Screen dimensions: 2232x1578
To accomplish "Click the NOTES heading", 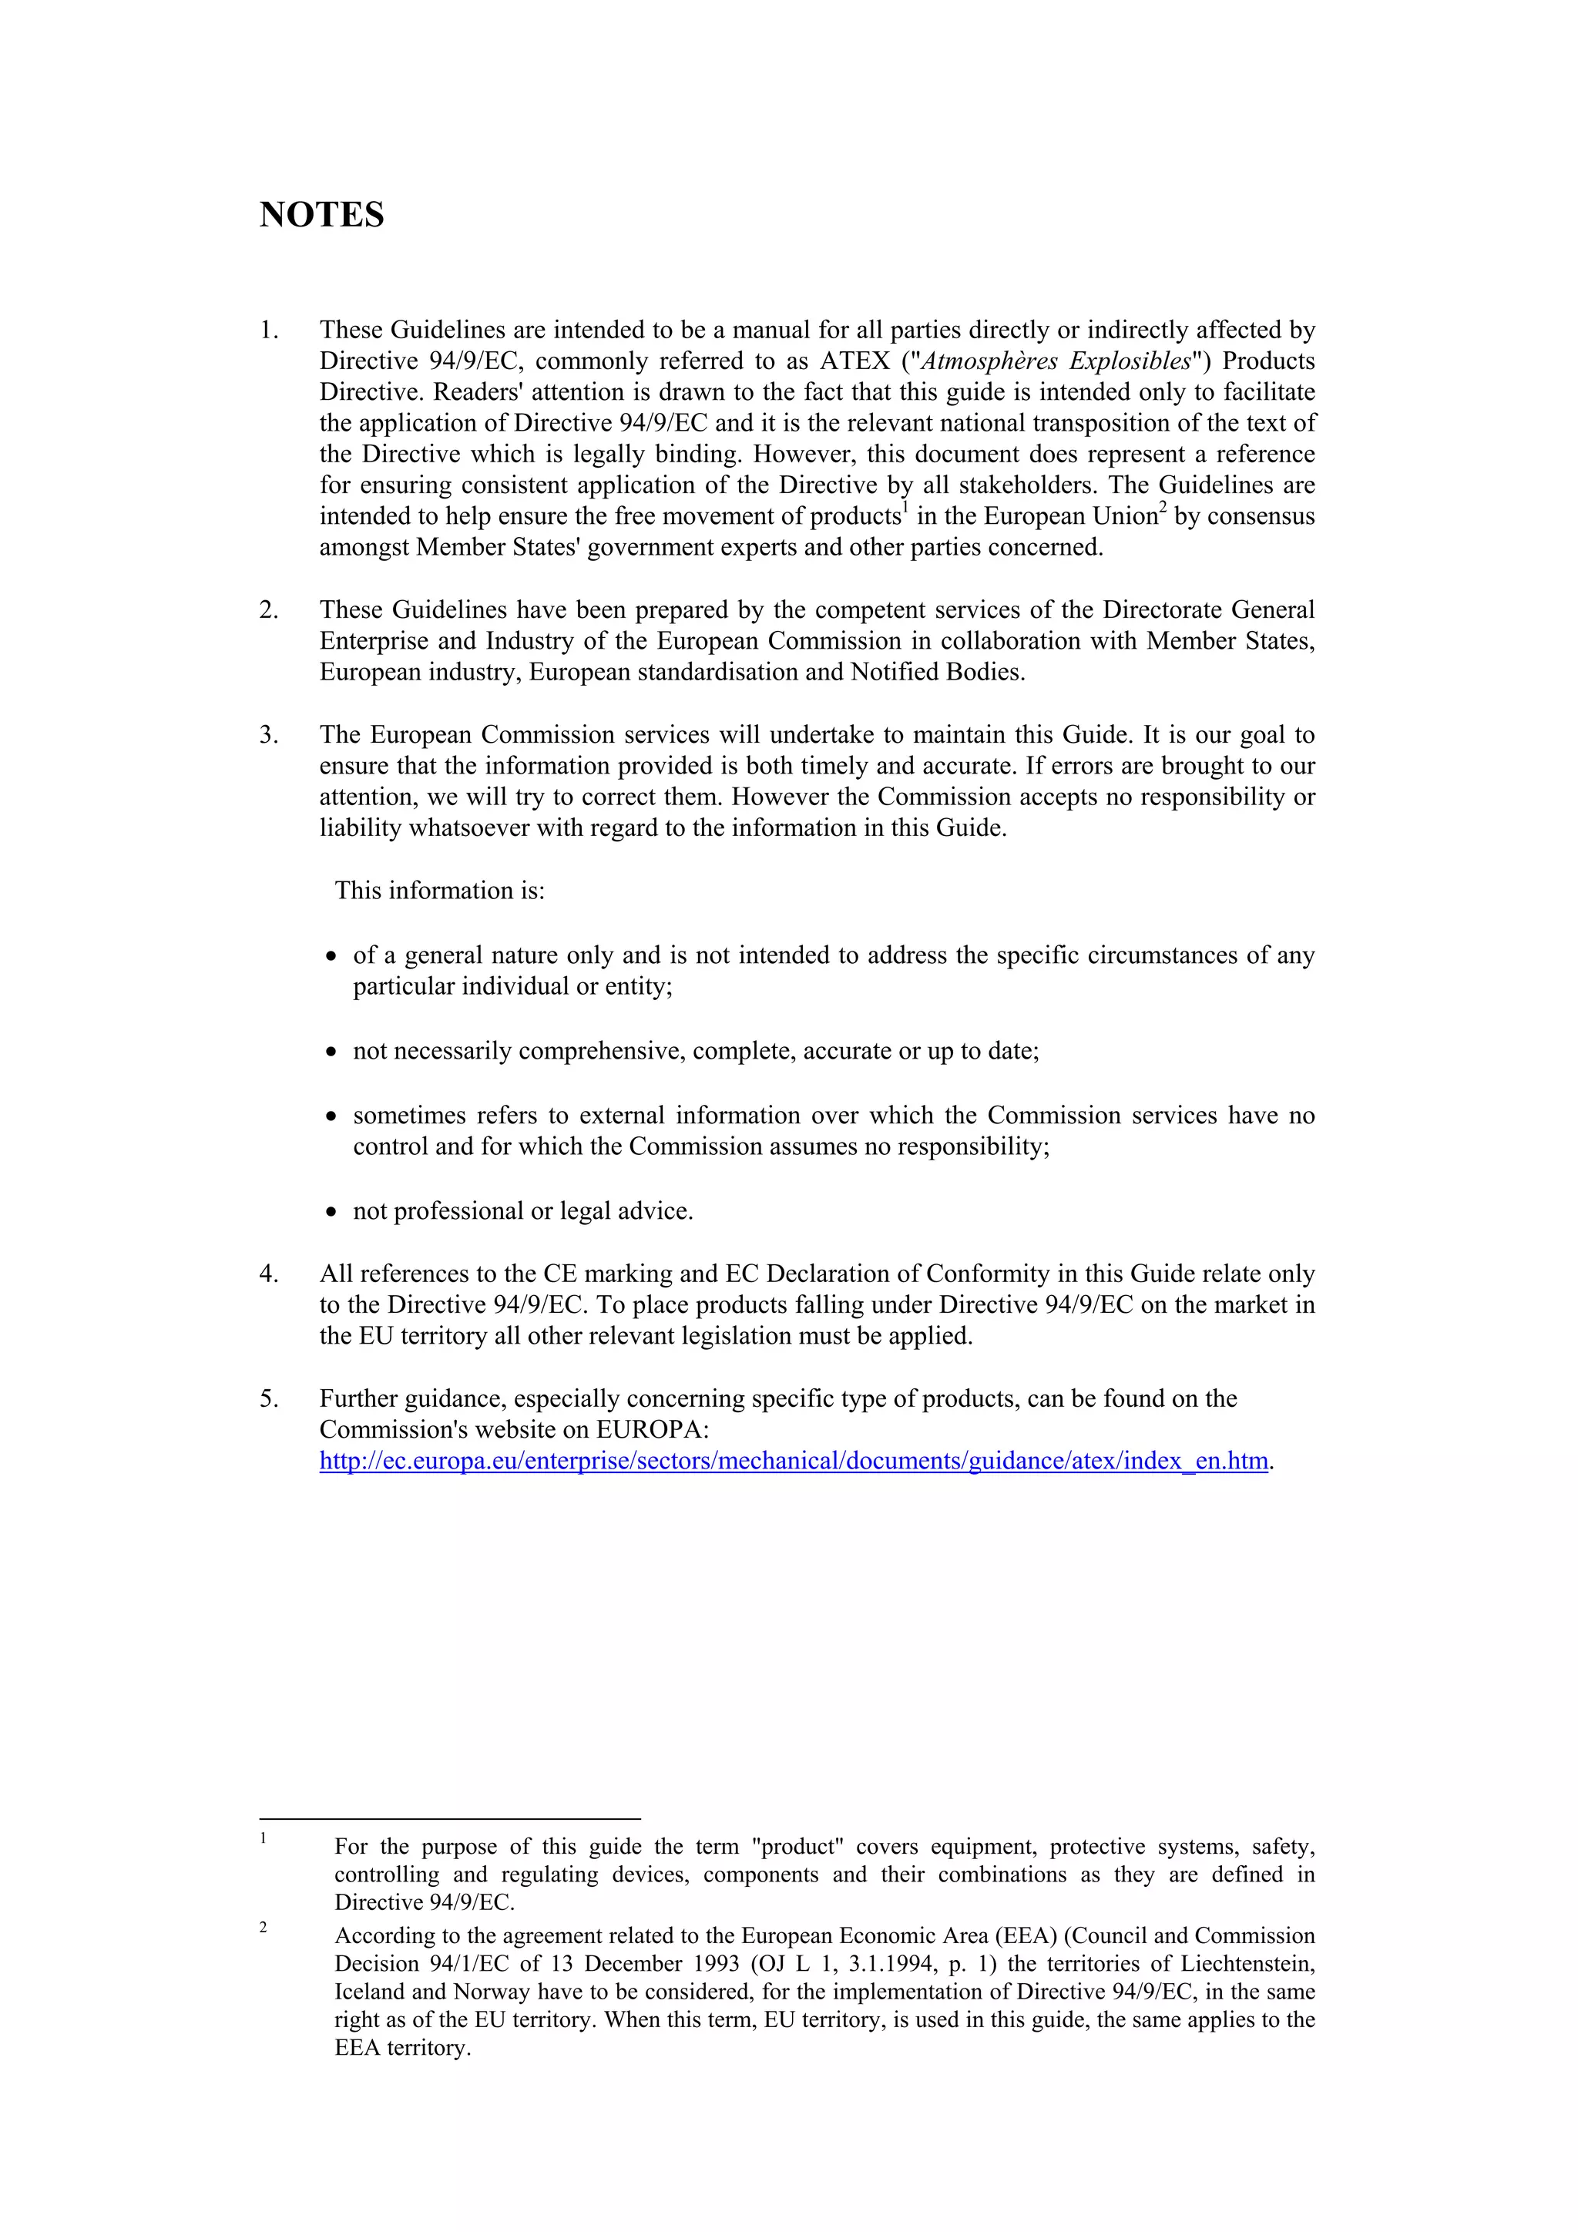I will pos(322,215).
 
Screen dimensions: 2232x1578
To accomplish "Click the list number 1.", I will pos(268,331).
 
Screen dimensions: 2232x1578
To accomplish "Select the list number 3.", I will pos(268,735).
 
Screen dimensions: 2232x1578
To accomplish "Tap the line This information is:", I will pos(439,891).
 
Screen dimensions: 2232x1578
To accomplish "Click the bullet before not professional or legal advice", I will pos(331,1212).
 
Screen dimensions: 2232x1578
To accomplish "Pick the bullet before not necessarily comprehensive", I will pos(331,1052).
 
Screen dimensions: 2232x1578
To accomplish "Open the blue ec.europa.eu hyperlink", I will pos(794,1461).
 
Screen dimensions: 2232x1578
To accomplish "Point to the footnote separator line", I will pos(449,1817).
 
